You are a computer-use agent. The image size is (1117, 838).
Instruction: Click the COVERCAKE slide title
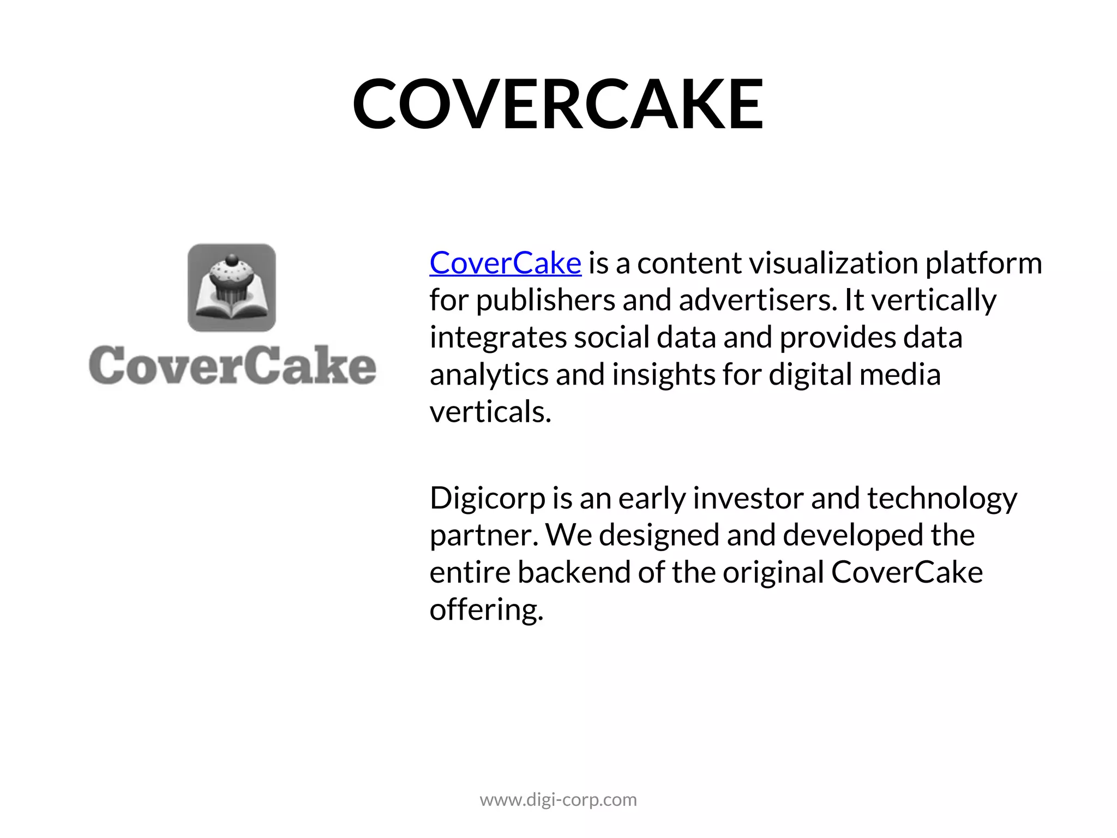[558, 104]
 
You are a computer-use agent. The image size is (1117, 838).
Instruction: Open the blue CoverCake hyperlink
[505, 263]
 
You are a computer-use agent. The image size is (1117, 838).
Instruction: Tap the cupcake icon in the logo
[232, 288]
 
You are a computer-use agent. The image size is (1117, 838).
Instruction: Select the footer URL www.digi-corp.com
[558, 800]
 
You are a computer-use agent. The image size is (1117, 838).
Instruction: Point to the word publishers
[546, 300]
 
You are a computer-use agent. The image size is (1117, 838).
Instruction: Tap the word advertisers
[758, 300]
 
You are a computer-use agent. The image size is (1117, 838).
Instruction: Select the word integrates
[498, 337]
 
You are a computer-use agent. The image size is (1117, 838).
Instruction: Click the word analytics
[489, 375]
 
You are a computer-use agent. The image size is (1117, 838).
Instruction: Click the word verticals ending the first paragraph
[490, 412]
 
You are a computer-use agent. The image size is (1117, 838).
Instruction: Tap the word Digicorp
[487, 499]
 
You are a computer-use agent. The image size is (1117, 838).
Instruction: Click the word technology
[942, 499]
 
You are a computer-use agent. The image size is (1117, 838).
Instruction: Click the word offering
[486, 610]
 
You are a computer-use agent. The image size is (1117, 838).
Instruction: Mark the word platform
[983, 263]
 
